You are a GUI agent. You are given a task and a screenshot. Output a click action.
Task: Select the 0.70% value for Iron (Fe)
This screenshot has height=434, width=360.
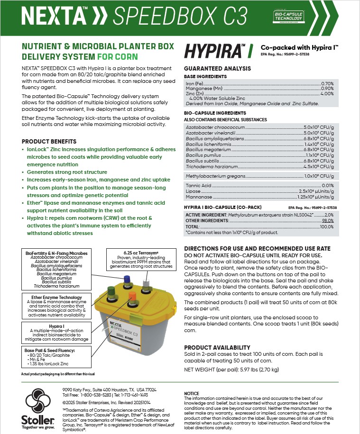coord(327,83)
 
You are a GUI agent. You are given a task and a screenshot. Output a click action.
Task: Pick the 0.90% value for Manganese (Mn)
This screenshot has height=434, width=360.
coord(327,89)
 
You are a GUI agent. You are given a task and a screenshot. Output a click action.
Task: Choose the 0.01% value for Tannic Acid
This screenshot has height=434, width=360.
coord(327,185)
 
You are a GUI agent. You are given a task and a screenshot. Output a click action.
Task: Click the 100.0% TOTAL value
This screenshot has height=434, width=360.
coord(327,227)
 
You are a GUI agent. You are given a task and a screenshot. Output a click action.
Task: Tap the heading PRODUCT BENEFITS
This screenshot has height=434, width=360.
coord(49,142)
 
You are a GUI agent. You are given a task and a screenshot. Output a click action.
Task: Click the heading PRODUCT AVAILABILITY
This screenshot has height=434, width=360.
coord(217,347)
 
